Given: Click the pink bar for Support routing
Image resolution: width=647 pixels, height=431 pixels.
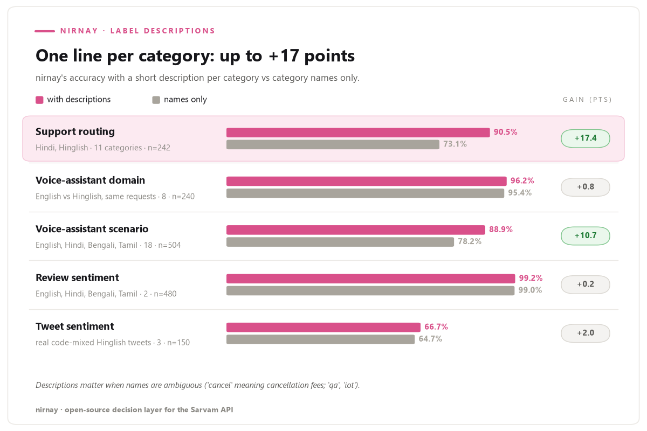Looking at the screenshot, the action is [x=358, y=133].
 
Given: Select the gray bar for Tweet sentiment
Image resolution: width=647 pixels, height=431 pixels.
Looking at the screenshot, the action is [x=320, y=339].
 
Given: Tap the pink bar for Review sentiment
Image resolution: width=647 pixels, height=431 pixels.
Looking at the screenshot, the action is [x=370, y=279].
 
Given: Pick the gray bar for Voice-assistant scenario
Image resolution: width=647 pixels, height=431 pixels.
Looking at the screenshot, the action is [x=340, y=242].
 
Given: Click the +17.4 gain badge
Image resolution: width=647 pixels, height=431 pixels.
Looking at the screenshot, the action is [x=585, y=138].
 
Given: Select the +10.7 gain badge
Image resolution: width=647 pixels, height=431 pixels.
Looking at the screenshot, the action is [x=585, y=236].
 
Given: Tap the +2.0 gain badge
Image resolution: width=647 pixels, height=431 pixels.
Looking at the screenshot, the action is [x=585, y=333].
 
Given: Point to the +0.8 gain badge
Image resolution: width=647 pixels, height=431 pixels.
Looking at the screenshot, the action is [x=585, y=187].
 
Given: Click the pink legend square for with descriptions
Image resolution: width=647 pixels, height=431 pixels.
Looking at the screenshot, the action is [x=39, y=100].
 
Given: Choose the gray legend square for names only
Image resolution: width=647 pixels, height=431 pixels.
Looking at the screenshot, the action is [x=156, y=100].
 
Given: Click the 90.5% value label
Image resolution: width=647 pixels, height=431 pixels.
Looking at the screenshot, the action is [x=505, y=132].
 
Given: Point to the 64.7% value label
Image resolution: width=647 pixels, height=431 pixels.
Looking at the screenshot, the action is [x=430, y=339].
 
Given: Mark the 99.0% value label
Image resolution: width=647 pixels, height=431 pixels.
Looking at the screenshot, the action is [x=530, y=290].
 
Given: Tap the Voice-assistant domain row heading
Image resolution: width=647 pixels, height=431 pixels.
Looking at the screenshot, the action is [x=90, y=180].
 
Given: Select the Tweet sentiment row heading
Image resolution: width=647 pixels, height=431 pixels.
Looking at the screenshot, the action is [x=74, y=326].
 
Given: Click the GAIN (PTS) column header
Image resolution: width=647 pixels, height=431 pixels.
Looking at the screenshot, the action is [x=587, y=100].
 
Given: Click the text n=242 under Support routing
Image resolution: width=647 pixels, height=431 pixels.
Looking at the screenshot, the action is [x=159, y=148].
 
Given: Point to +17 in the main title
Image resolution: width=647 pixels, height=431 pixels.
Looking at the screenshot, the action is [x=284, y=55].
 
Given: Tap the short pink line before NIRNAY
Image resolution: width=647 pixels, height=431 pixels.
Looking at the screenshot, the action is [x=45, y=31].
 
